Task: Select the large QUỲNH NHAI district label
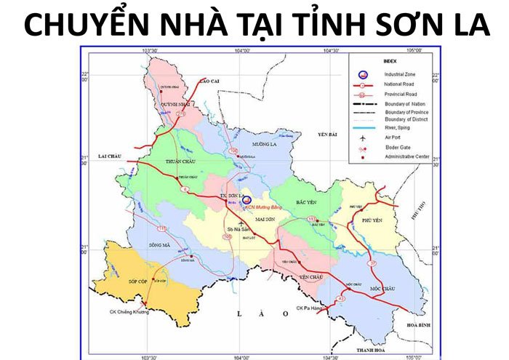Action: point(167,103)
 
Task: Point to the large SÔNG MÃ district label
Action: point(159,245)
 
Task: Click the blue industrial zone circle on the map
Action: point(247,199)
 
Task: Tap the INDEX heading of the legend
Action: point(390,62)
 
